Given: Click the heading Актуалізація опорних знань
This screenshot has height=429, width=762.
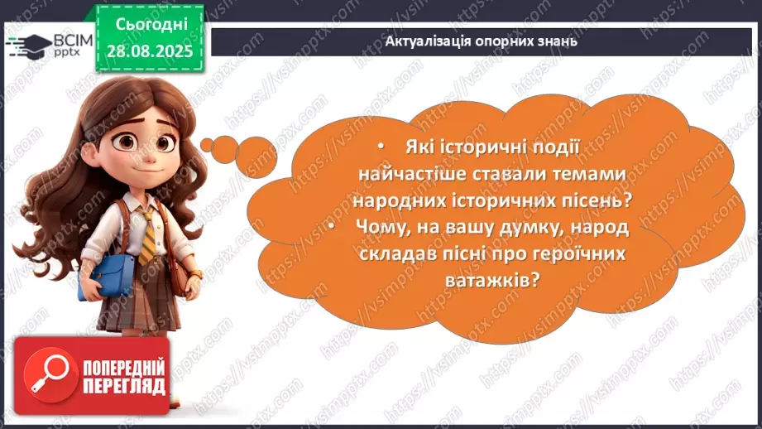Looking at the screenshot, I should pyautogui.click(x=482, y=41).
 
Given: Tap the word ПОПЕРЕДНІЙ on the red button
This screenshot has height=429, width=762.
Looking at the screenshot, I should pyautogui.click(x=125, y=367).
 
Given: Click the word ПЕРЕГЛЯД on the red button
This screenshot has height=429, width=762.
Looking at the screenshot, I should pyautogui.click(x=124, y=386).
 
